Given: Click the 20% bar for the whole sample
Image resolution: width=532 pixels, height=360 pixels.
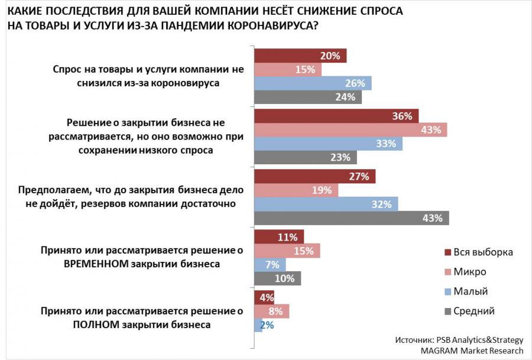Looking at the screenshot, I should (300, 56).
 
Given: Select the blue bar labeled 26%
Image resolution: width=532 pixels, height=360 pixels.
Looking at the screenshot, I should (313, 83).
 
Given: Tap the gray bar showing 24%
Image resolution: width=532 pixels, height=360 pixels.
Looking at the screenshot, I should (308, 97).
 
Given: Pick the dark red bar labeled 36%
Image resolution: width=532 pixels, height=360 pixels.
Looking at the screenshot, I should (336, 116).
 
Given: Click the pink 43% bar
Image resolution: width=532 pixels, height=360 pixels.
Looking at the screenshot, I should (351, 130).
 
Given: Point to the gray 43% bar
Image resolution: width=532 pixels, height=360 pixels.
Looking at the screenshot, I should (351, 218).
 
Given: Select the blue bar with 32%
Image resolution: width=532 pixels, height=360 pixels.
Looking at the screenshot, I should (326, 205).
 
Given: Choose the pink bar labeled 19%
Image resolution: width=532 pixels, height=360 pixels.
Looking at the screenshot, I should (296, 190).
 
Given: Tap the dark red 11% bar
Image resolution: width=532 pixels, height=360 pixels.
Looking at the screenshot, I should (279, 237).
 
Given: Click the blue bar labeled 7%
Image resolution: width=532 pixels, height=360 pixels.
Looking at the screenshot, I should (270, 264).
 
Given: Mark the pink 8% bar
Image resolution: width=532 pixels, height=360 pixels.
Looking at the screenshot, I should (271, 311).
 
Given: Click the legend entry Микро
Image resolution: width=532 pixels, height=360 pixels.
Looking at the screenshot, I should (470, 272).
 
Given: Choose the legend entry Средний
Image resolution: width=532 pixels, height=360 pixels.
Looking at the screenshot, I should (473, 311).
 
